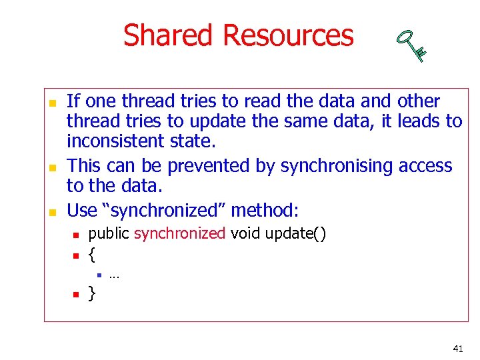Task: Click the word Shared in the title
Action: click(x=169, y=35)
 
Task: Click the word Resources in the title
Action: click(x=288, y=35)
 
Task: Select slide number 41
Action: click(x=457, y=349)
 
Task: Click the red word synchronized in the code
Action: click(x=179, y=233)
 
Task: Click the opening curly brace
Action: click(x=92, y=254)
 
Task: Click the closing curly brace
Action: click(x=92, y=293)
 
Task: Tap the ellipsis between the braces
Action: click(x=114, y=275)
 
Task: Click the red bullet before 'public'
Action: click(x=77, y=235)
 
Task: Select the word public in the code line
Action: click(x=109, y=233)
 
